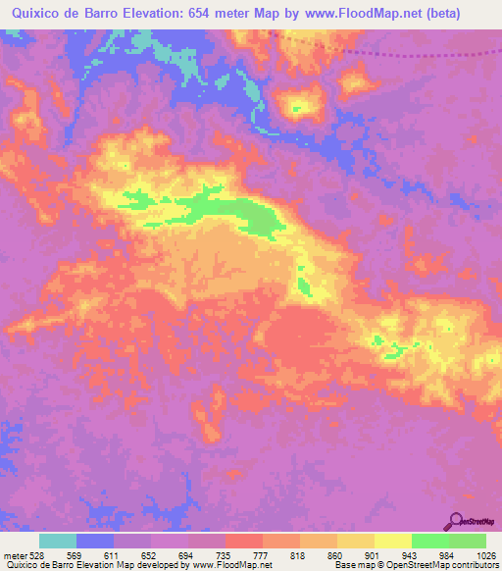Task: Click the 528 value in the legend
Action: click(38, 554)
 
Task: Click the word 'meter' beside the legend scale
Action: click(14, 554)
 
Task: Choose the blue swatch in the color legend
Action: click(95, 541)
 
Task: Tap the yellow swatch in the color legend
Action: click(393, 541)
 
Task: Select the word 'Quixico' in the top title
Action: click(30, 13)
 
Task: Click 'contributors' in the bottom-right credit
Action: click(473, 565)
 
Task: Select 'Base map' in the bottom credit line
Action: click(334, 565)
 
